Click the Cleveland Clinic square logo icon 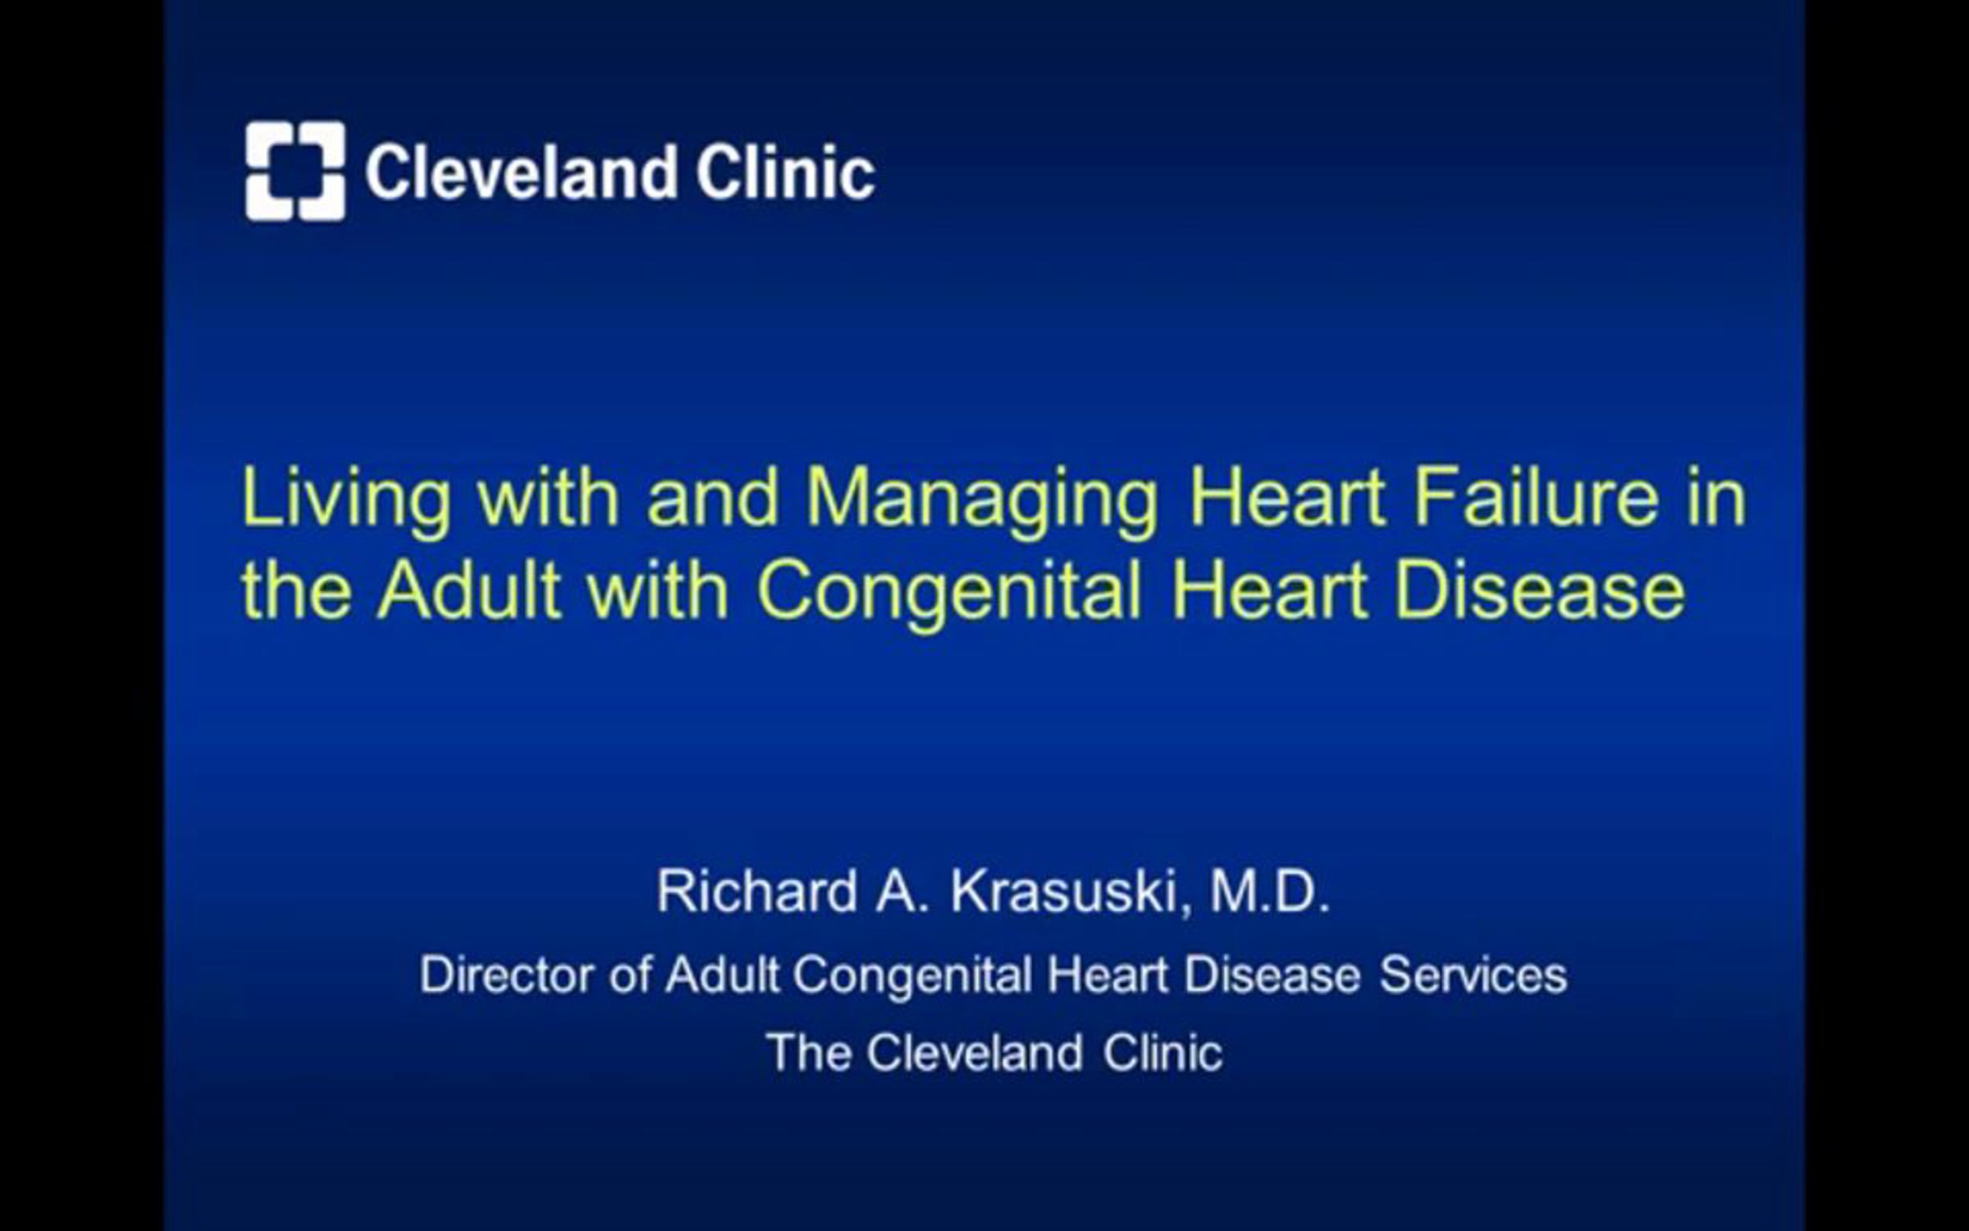point(295,171)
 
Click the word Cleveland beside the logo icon point(521,172)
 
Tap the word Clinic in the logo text point(786,172)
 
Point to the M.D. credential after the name point(1270,891)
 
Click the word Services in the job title point(1473,975)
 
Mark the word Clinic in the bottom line point(1163,1053)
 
